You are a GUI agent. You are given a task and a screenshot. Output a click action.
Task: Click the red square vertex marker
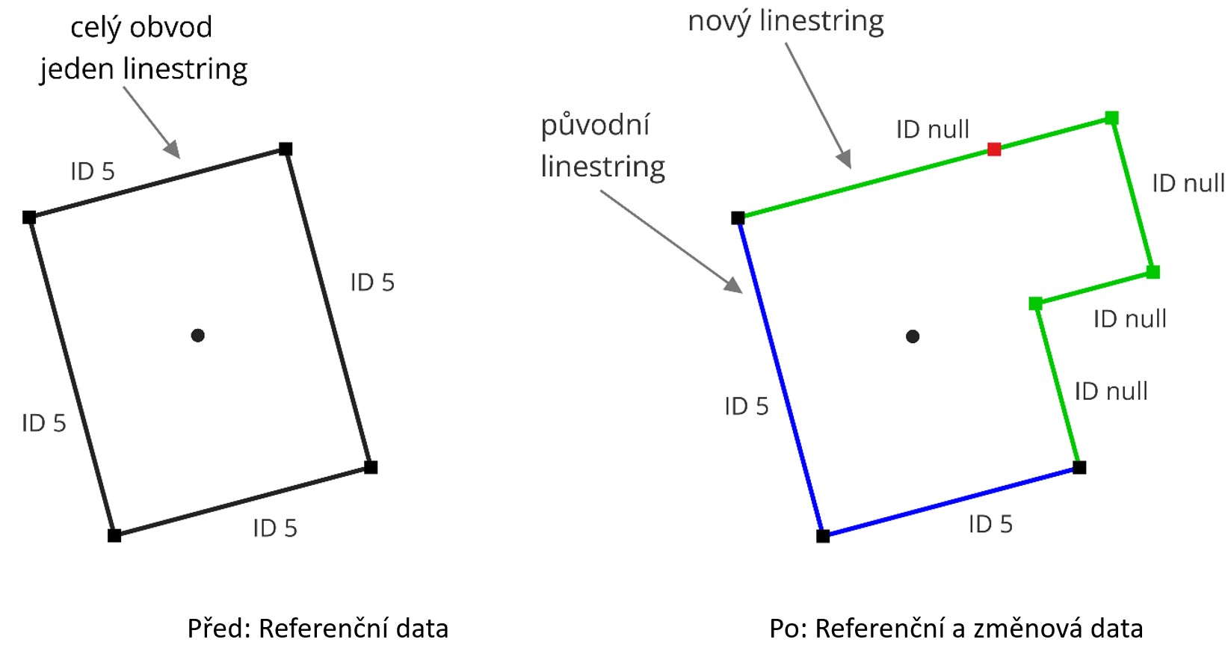[x=994, y=149]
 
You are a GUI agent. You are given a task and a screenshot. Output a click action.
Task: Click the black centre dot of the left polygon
[x=197, y=336]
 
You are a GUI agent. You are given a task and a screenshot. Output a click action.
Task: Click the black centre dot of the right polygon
[x=913, y=336]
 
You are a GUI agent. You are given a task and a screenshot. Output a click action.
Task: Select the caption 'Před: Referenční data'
[x=318, y=629]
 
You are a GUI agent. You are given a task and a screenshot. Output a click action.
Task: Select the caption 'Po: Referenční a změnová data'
[x=956, y=629]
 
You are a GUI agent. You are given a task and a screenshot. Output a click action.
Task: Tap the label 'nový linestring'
[x=786, y=21]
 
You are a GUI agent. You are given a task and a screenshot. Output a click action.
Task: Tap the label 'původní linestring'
[x=602, y=146]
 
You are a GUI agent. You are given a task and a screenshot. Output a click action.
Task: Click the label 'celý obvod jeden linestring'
[x=143, y=48]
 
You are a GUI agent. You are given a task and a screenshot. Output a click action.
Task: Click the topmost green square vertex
[x=1111, y=118]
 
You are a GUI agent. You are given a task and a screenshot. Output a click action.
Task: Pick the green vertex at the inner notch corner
[x=1035, y=303]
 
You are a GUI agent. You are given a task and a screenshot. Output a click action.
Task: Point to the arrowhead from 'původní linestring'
[x=735, y=286]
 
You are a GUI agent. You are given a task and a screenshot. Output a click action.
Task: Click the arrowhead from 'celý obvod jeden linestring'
[x=173, y=150]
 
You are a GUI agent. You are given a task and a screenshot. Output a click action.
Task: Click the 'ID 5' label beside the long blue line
[x=746, y=407]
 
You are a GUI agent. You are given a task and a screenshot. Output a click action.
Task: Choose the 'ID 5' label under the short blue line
[x=990, y=525]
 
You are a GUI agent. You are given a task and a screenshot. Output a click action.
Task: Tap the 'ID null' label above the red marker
[x=932, y=129]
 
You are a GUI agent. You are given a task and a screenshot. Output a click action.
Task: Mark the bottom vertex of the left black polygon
[x=114, y=535]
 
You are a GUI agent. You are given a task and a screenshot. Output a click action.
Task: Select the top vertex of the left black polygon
[x=286, y=149]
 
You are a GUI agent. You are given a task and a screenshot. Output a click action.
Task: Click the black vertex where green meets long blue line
[x=738, y=218]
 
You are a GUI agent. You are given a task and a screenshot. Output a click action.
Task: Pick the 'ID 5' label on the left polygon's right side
[x=372, y=283]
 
